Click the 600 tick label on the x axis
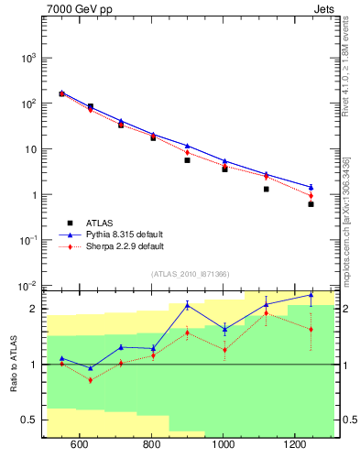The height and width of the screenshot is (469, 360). point(79,444)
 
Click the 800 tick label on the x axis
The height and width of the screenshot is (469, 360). point(150,444)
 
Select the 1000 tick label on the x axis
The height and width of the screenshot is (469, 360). point(223,444)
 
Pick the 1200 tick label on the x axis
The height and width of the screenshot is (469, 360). point(295,444)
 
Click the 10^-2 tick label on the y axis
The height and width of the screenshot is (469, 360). point(28,286)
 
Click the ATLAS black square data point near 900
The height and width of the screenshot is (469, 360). point(187,160)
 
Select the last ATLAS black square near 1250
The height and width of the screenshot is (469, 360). point(311,203)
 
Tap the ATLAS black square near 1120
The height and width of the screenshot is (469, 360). point(267,189)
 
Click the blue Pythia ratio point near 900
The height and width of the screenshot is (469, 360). point(187,305)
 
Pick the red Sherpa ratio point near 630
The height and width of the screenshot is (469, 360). point(90,379)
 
